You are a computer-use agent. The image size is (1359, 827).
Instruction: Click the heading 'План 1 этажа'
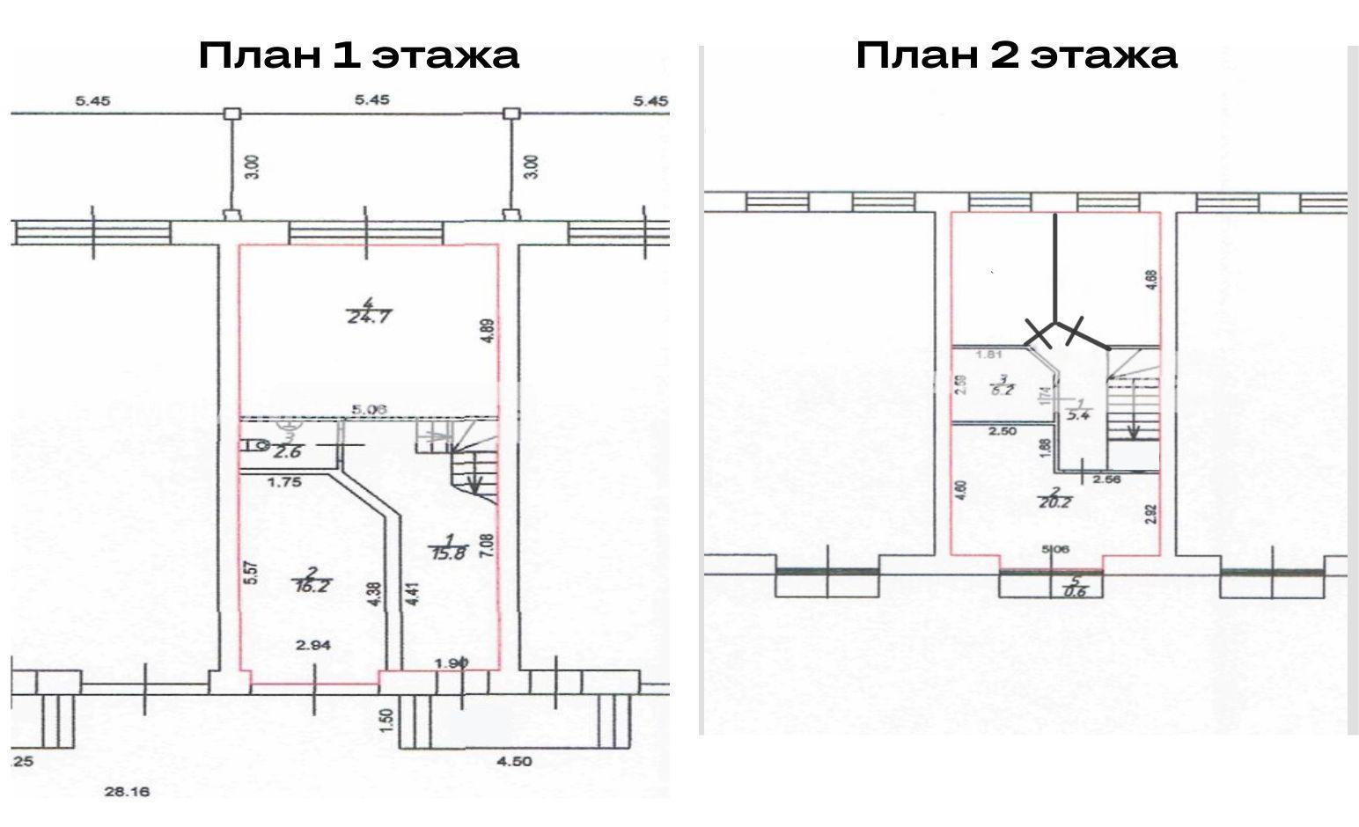coord(358,55)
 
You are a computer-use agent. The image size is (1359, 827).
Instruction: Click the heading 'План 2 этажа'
coord(1017,55)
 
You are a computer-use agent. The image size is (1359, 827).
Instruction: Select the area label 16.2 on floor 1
coord(312,585)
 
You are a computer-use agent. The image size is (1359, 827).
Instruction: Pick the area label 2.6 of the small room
coord(287,451)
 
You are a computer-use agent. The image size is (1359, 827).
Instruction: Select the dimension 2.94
coord(312,646)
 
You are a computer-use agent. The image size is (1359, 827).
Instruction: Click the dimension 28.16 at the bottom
coord(128,792)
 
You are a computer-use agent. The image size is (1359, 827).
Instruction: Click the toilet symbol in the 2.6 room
coord(253,445)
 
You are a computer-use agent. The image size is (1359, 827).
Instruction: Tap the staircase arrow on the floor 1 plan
coord(475,482)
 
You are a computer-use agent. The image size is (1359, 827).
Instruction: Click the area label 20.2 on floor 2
coord(1059,503)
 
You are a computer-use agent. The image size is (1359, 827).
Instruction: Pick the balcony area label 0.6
coord(1075,591)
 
